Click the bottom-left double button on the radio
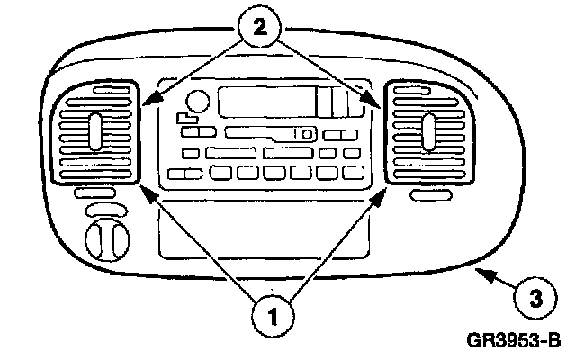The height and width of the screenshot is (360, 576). coord(185,173)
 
